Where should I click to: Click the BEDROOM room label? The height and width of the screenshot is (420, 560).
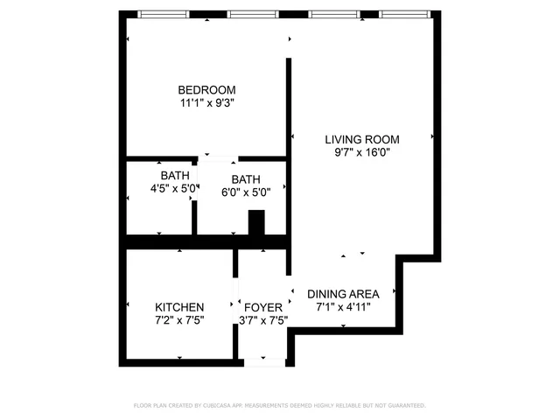(x=206, y=89)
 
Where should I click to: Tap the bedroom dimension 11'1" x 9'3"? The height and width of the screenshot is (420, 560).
(x=206, y=102)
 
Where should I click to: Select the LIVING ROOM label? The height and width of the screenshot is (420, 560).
(x=361, y=139)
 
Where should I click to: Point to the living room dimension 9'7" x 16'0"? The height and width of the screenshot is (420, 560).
(x=361, y=152)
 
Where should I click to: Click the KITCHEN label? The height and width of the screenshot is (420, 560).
(x=179, y=307)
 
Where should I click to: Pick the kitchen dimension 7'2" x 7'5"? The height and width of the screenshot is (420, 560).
(x=179, y=320)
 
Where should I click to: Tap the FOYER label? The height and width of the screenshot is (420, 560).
(x=262, y=307)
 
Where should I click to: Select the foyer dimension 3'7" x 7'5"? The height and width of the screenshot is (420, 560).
(x=262, y=320)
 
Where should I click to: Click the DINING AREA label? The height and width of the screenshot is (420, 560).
(x=342, y=294)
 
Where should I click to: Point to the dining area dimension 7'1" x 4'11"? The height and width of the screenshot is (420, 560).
(x=342, y=307)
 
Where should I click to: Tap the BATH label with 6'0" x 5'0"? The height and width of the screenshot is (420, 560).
(x=246, y=179)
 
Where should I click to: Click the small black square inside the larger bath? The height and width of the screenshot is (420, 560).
(x=256, y=224)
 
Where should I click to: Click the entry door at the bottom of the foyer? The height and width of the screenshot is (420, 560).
(x=262, y=361)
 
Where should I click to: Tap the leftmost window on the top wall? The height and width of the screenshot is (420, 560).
(x=164, y=15)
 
